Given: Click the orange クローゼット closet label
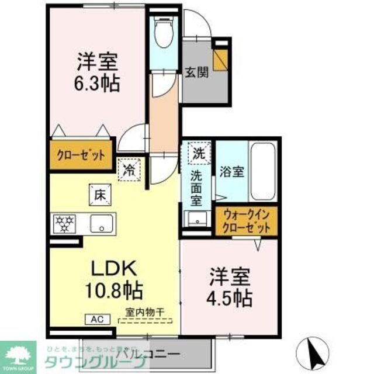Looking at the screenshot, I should click(81, 155).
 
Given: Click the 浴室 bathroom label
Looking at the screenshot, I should click(231, 172).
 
